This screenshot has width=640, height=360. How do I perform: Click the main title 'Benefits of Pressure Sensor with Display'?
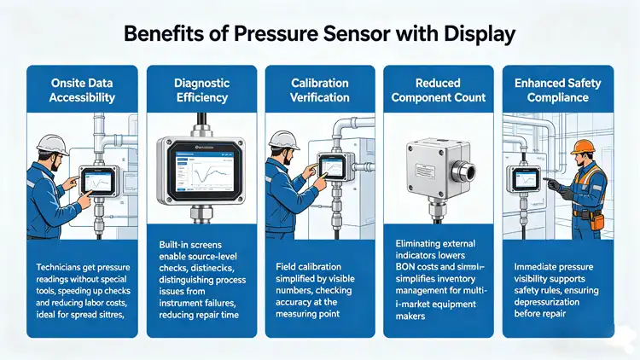pyautogui.click(x=320, y=35)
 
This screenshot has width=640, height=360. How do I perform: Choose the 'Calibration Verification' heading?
pyautogui.click(x=320, y=90)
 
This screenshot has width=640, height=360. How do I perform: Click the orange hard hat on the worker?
pyautogui.click(x=584, y=147)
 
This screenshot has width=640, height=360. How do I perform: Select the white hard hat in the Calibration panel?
pyautogui.click(x=282, y=138)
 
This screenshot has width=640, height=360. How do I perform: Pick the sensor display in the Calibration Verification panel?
pyautogui.click(x=330, y=164)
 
